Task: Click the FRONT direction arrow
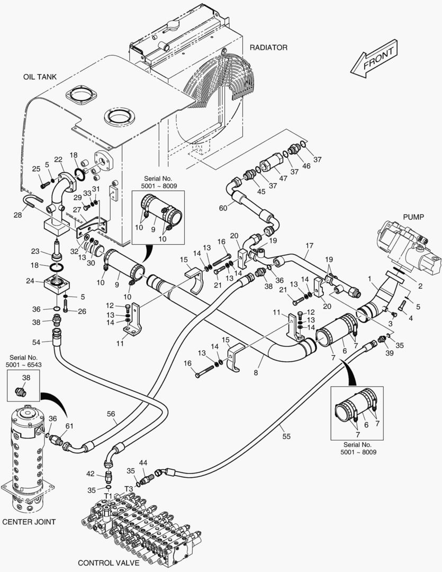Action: pos(373,59)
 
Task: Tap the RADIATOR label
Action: pos(268,48)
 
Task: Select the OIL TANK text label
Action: pos(40,77)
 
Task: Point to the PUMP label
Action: pos(414,217)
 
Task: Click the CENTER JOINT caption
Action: pos(29,522)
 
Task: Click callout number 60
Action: pos(223,208)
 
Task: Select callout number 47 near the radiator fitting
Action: pos(283,178)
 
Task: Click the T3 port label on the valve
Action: pos(129,489)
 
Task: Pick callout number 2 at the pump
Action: pos(420,287)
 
